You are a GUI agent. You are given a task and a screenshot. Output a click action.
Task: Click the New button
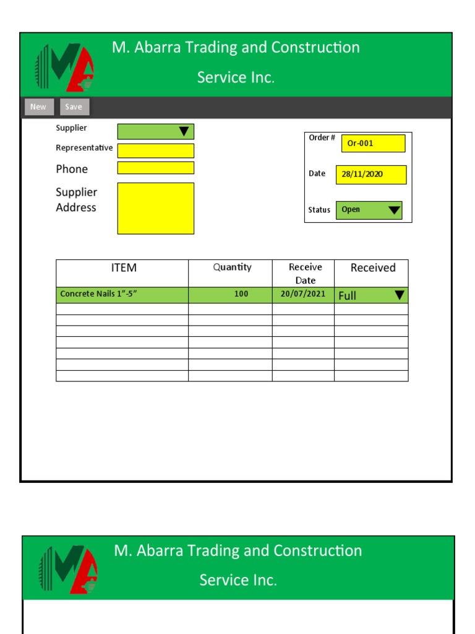[x=38, y=107]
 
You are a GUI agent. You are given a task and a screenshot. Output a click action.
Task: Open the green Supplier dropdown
[x=156, y=131]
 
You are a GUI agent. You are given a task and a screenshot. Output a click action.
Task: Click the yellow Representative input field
[x=156, y=150]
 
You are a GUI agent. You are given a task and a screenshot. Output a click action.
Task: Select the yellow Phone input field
[x=156, y=168]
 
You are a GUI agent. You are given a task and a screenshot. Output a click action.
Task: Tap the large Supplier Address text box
[x=156, y=208]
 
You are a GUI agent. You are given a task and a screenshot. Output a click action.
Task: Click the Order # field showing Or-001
[x=373, y=143]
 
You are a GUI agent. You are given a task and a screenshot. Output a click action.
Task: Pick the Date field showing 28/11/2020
[x=371, y=175]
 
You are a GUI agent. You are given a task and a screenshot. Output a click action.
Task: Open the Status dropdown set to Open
[x=369, y=210]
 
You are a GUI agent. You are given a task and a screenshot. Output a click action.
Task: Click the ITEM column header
[x=124, y=267]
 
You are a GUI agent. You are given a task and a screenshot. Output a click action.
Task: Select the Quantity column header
[x=232, y=267]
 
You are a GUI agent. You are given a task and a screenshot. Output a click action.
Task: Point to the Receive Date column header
[x=306, y=273]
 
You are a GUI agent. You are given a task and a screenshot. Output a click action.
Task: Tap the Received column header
[x=372, y=267]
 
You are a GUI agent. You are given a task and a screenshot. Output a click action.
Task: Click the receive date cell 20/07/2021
[x=303, y=294]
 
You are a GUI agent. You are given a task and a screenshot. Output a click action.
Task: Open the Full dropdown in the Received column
[x=372, y=295]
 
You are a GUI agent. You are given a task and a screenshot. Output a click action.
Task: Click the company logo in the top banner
[x=66, y=67]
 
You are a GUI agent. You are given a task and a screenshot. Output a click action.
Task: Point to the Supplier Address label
[x=76, y=199]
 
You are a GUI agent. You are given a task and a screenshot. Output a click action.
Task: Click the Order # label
[x=322, y=137]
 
